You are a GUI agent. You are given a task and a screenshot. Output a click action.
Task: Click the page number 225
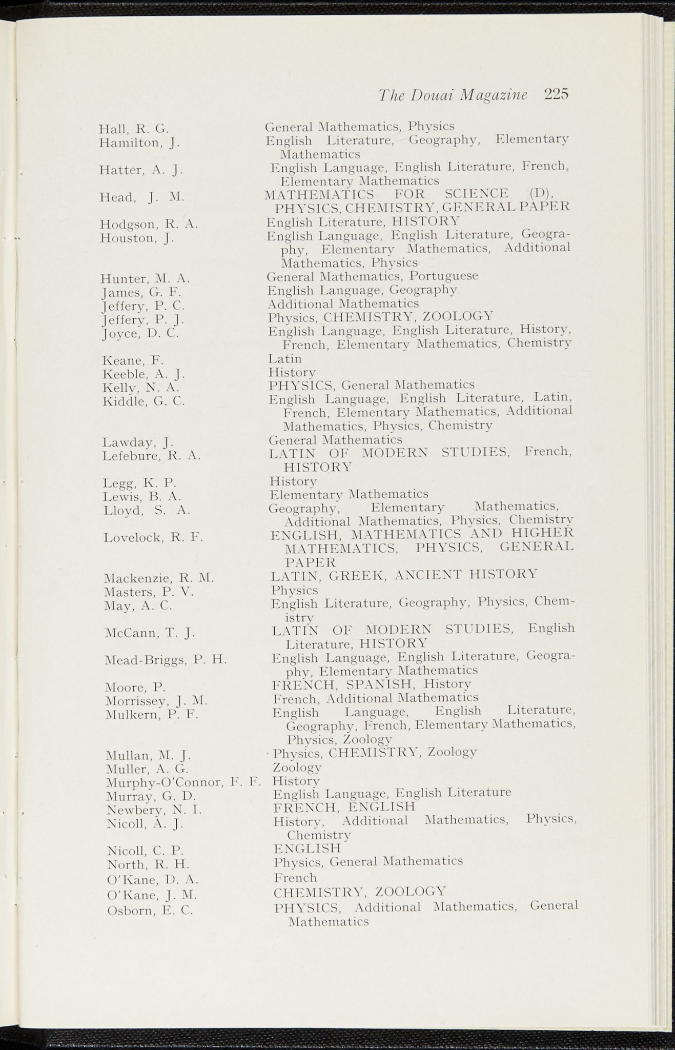click(557, 95)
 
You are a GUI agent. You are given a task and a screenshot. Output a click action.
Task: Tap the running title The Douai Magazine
click(452, 95)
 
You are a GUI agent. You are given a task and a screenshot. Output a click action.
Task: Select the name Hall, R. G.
click(134, 129)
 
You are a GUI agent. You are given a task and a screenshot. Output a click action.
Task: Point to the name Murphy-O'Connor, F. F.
click(183, 783)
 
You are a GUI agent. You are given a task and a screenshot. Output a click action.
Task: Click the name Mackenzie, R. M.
click(158, 579)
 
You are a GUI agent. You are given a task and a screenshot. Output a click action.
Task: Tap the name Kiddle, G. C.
click(144, 401)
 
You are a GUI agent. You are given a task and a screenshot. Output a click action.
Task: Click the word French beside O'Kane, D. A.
click(295, 878)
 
